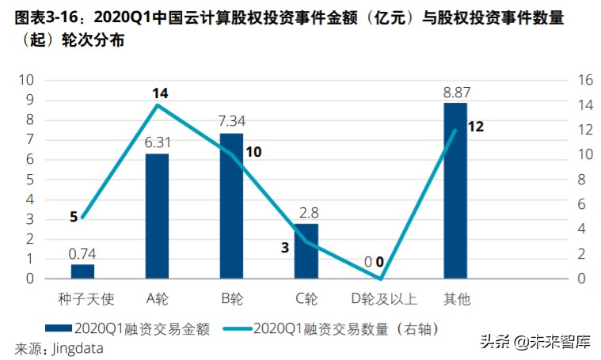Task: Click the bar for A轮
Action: tap(157, 216)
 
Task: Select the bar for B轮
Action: tap(231, 206)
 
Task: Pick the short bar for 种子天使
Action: tap(82, 271)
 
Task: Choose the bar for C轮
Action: tap(306, 251)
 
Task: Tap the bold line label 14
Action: tap(160, 93)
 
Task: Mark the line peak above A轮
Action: tap(157, 105)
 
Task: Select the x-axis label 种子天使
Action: tap(82, 299)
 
